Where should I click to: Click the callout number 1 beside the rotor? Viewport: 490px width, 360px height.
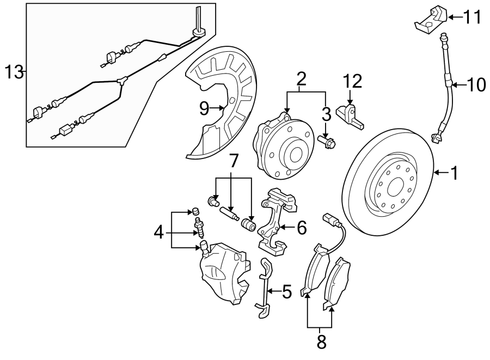(x=454, y=173)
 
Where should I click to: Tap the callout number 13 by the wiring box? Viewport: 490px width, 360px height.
(x=15, y=71)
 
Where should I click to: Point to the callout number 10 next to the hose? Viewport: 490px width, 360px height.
(x=476, y=84)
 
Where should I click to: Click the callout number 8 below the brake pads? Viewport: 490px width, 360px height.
(x=321, y=341)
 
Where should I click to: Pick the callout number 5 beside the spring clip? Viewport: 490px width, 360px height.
(x=286, y=291)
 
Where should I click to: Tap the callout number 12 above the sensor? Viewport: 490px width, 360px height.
(x=352, y=82)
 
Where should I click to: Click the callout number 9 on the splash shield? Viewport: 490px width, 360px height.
(x=204, y=108)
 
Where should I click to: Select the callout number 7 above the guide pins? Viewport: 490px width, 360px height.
(x=234, y=161)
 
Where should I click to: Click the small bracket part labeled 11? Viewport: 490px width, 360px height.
(x=431, y=17)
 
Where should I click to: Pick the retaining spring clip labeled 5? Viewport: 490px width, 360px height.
(x=264, y=289)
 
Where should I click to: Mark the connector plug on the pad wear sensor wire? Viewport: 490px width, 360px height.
(x=329, y=219)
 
